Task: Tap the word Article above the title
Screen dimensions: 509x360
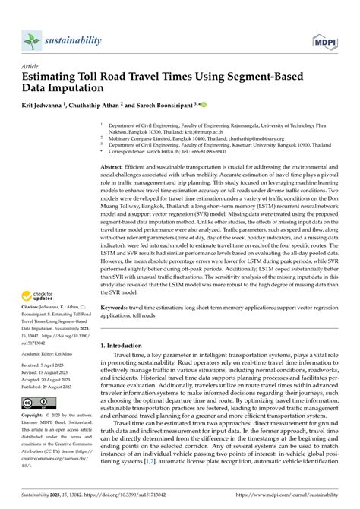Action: [32, 66]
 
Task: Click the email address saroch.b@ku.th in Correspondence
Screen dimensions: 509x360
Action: [163, 152]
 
